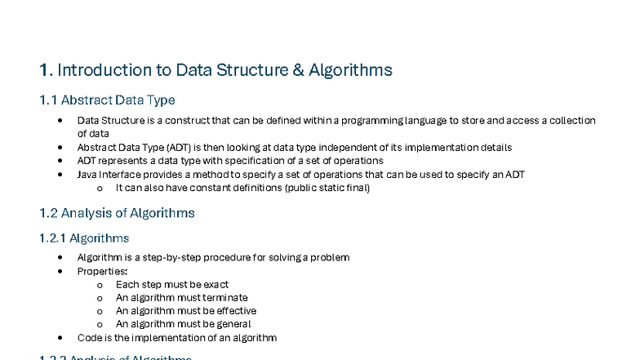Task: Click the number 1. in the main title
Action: (46, 70)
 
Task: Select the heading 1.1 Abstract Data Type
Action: (107, 100)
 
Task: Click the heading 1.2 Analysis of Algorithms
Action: (117, 213)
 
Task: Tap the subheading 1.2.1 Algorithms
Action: (84, 238)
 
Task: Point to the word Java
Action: (87, 175)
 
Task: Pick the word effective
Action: (225, 311)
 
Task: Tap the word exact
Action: (214, 285)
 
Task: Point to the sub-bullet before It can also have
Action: (99, 189)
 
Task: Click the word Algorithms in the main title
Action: (350, 70)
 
